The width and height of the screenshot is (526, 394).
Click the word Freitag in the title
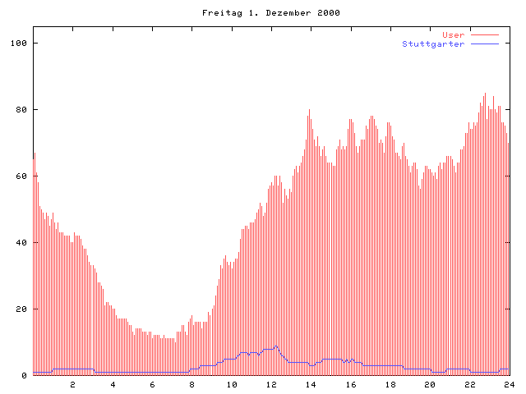pos(219,13)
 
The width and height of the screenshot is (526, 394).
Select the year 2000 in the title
pos(328,13)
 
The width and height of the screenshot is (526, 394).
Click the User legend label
pos(453,34)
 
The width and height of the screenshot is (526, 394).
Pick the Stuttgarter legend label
pos(433,44)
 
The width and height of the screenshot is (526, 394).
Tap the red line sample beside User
pos(485,34)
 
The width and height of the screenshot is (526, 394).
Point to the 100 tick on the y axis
pos(19,43)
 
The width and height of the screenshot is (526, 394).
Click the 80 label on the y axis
pos(21,109)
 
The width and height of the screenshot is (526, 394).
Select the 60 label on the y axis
pos(21,176)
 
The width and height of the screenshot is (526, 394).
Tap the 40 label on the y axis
pos(21,243)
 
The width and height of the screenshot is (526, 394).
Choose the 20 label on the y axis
pos(21,309)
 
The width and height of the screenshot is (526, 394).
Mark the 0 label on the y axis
pos(24,376)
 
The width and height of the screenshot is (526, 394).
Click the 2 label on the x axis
pos(72,384)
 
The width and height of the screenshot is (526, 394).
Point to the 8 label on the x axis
pos(192,384)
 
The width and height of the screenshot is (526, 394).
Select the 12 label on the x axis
pos(271,384)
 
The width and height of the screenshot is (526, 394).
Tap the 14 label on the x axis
pos(311,384)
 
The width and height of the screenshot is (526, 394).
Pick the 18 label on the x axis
pos(390,384)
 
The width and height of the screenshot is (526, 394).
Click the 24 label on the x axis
pos(510,384)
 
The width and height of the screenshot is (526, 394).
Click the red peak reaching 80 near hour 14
pos(310,110)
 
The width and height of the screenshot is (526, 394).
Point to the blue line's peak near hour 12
pos(276,346)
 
